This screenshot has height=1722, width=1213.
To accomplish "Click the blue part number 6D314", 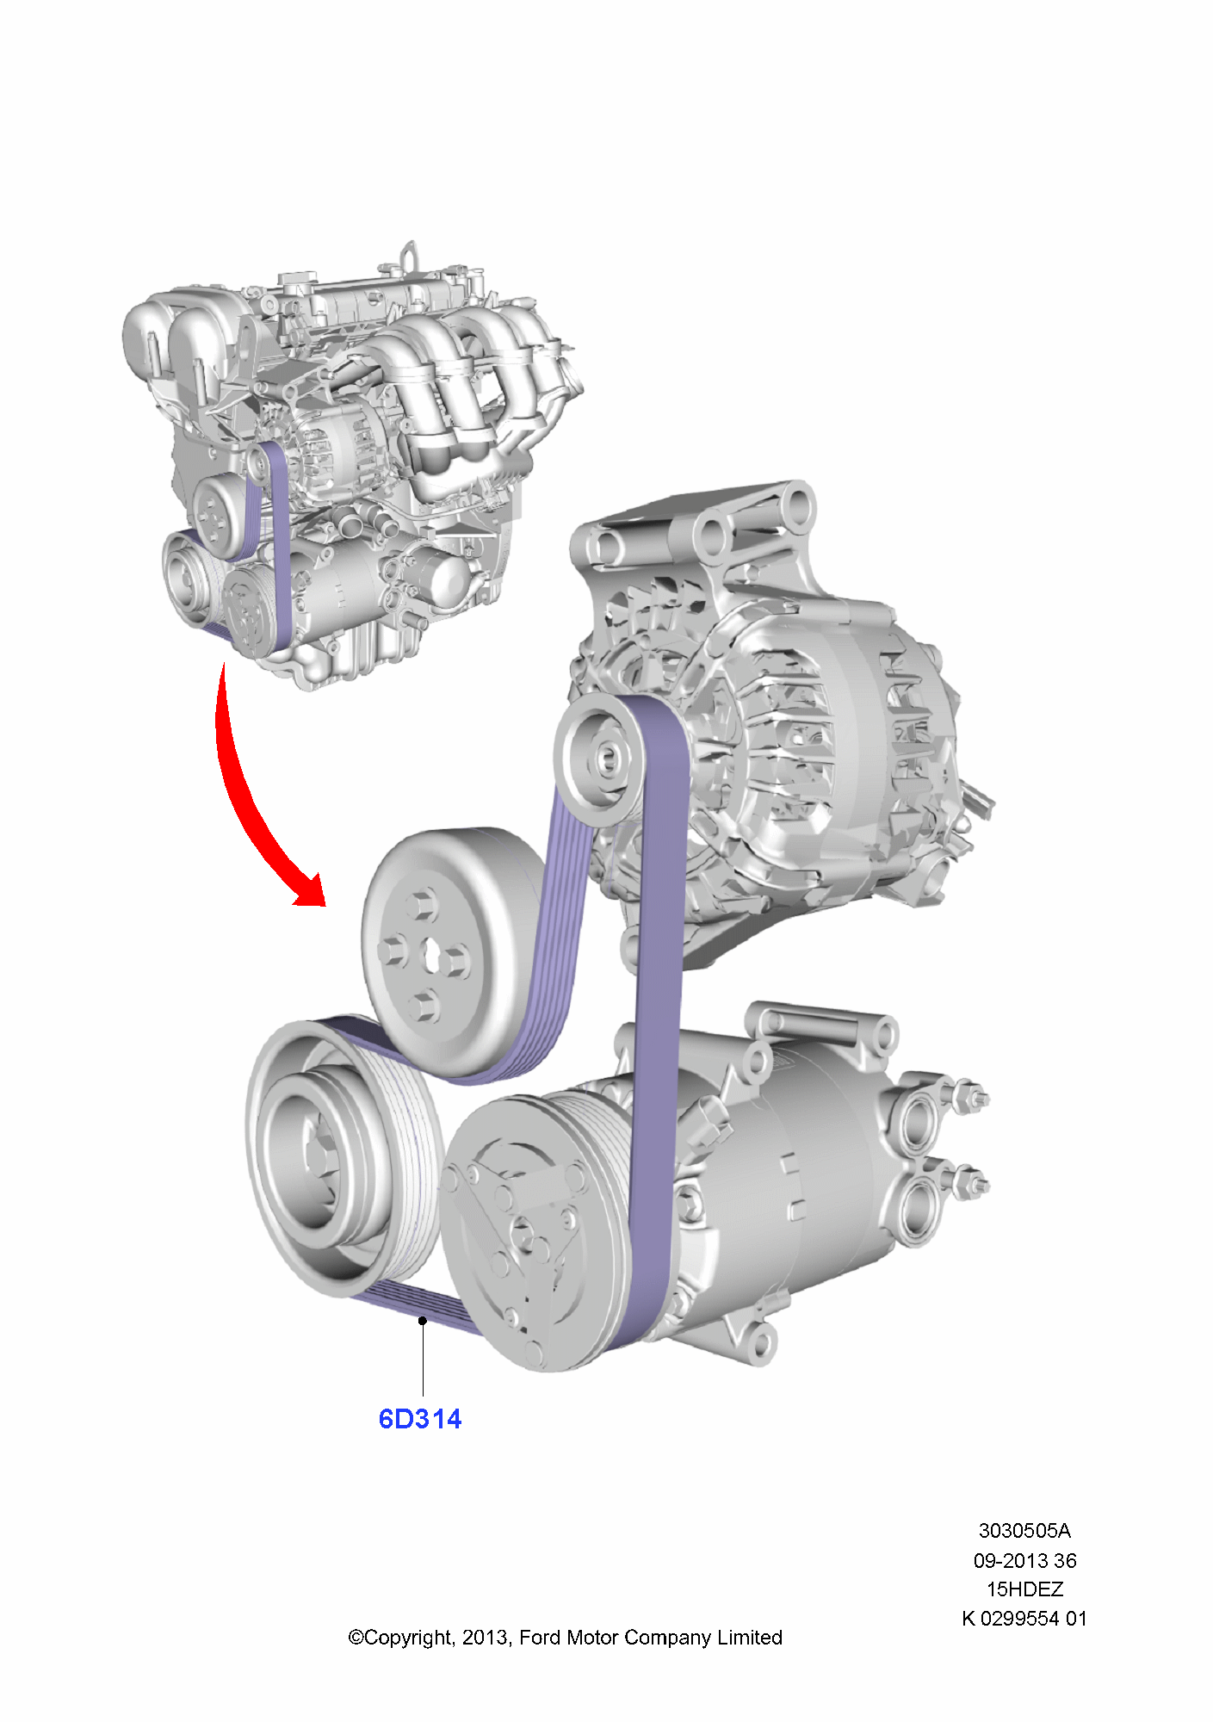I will click(x=419, y=1419).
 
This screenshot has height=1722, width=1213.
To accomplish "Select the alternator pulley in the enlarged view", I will click(x=600, y=758).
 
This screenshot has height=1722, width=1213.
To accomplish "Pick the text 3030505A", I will click(x=1024, y=1531).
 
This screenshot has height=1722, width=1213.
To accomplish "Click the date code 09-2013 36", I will click(x=1024, y=1560).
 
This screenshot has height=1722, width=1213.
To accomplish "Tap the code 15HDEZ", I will click(x=1024, y=1589).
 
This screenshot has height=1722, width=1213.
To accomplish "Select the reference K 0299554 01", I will click(x=1024, y=1619).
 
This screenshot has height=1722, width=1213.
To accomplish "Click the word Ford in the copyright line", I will click(x=541, y=1638).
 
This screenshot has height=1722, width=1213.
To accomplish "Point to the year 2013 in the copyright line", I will click(x=485, y=1638).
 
